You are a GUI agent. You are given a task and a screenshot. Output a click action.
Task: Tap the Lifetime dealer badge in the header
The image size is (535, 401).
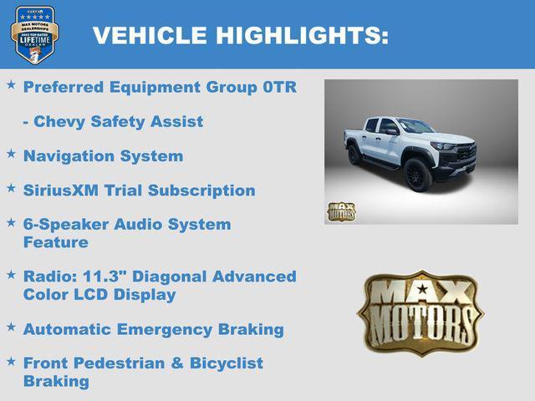pos(34,34)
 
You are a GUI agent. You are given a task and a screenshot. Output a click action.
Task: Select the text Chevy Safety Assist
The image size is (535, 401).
pos(113,121)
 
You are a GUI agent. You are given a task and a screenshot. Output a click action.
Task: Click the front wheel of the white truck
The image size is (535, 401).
pos(418,175)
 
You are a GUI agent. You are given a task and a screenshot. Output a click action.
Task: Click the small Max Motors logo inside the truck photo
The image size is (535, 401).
pos(340,211)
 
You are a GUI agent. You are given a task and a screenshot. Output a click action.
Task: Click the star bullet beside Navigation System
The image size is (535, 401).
pos(11,154)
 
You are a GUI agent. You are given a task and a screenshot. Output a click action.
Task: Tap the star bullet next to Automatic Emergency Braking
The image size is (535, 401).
pos(11,327)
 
